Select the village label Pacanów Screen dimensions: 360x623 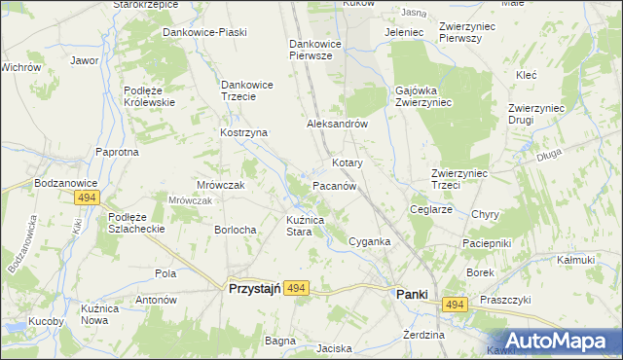pos(338,185)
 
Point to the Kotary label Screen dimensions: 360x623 pos(348,162)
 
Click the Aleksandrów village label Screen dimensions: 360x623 pos(336,125)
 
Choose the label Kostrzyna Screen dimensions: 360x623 pos(243,132)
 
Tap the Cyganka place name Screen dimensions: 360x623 pos(370,241)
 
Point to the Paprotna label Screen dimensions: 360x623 pos(117,152)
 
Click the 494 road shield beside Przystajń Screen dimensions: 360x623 pos(298,288)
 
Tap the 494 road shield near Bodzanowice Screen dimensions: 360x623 pos(86,198)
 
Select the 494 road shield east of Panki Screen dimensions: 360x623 pos(454,305)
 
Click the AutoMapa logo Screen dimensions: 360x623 pos(555,341)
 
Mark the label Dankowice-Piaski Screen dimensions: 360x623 pos(204,32)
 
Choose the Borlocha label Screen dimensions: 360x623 pos(235,230)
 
